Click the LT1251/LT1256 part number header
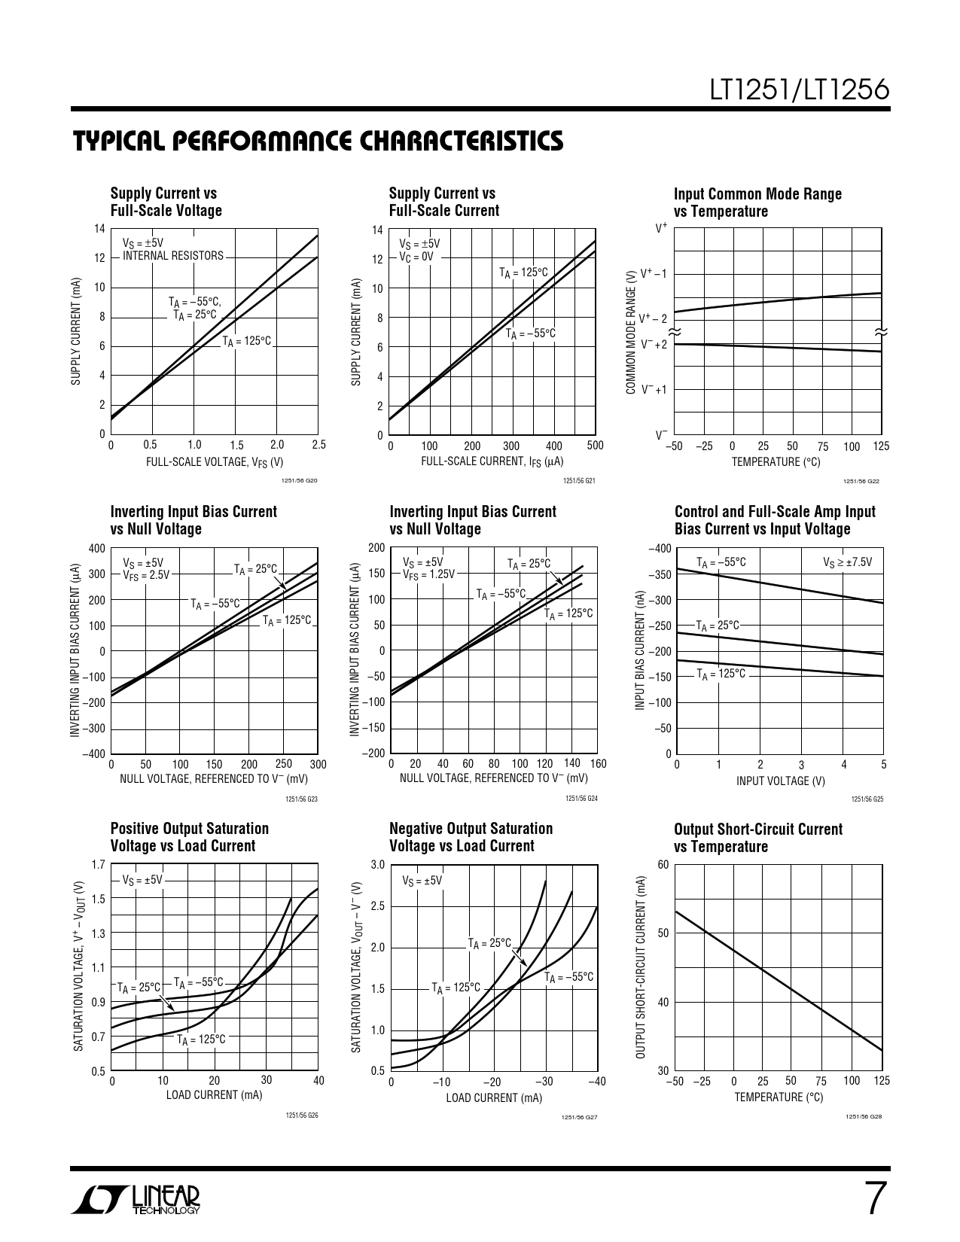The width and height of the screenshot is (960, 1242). click(x=800, y=90)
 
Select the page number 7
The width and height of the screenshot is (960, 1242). click(x=873, y=1199)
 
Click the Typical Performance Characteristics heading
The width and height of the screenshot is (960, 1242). click(x=317, y=141)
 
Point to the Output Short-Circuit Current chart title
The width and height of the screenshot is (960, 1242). click(x=758, y=838)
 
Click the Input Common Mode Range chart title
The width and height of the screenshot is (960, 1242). click(x=757, y=202)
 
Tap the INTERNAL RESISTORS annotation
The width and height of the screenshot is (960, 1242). click(x=173, y=256)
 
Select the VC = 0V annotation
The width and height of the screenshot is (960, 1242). click(x=416, y=256)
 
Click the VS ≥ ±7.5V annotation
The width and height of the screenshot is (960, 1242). click(x=848, y=562)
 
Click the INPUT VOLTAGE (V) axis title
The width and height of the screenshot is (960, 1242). click(x=780, y=781)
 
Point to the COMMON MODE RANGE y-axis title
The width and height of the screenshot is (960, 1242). click(x=631, y=332)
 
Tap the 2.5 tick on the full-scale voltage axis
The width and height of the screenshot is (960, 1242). click(x=318, y=445)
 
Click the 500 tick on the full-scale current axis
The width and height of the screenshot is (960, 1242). click(x=595, y=445)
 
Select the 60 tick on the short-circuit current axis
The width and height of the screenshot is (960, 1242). click(x=663, y=865)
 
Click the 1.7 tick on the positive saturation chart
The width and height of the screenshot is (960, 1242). click(x=98, y=865)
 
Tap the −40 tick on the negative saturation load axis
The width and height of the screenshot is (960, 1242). click(x=596, y=1082)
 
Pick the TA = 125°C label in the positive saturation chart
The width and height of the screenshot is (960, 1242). click(x=201, y=1040)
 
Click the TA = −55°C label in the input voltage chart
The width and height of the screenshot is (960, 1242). click(x=721, y=562)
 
